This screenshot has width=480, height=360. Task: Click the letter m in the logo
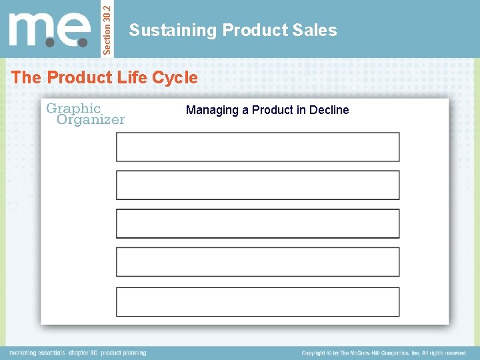tap(31, 31)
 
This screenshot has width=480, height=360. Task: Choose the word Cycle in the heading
tap(175, 77)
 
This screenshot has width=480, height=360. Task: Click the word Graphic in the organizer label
tap(73, 108)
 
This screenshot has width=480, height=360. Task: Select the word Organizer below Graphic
tap(91, 120)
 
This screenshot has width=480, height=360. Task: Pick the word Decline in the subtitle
tap(328, 110)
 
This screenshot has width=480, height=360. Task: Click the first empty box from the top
tap(257, 147)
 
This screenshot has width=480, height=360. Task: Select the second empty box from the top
tap(257, 185)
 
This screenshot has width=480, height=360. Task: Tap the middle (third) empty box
tap(257, 223)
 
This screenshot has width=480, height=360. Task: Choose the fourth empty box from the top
tap(257, 262)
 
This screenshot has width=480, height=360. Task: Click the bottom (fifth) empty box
tap(257, 301)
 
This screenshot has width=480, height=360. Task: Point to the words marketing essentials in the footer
tap(37, 353)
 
